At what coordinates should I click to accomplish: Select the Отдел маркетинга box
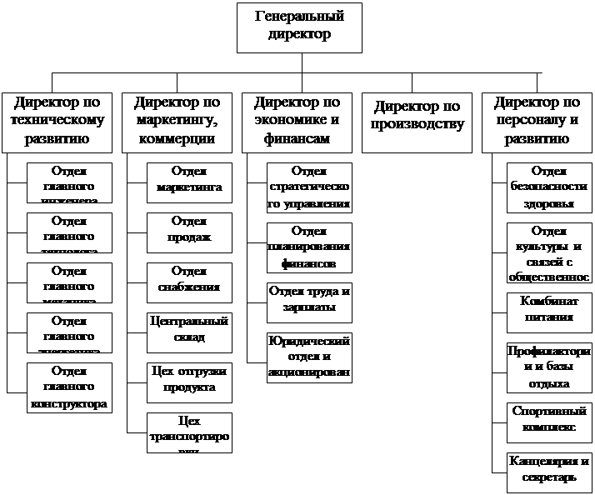(x=189, y=181)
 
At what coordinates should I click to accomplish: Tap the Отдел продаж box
(x=189, y=231)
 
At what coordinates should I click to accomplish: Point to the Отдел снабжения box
(x=189, y=281)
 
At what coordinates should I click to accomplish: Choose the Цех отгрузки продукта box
(x=189, y=381)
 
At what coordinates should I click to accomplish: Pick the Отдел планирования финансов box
(x=309, y=247)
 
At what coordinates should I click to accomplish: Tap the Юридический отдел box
(x=309, y=357)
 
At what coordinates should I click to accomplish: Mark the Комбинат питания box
(x=549, y=311)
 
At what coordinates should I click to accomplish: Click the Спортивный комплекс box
(x=549, y=421)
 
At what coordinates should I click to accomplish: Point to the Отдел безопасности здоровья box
(x=549, y=187)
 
